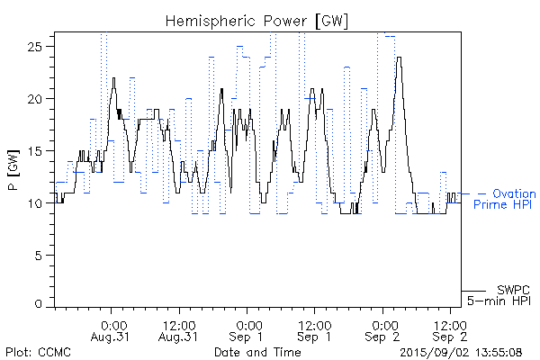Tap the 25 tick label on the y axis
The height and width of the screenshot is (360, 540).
pyautogui.click(x=40, y=46)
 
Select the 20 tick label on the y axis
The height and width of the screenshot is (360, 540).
pyautogui.click(x=40, y=98)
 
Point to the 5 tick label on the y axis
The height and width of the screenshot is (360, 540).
pyautogui.click(x=43, y=256)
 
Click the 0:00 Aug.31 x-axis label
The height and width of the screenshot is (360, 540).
pyautogui.click(x=112, y=329)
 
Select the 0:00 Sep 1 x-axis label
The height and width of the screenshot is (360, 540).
pyautogui.click(x=247, y=329)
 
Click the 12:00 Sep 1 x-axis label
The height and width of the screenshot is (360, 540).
pyautogui.click(x=314, y=329)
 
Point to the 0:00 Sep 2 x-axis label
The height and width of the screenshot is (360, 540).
pyautogui.click(x=382, y=329)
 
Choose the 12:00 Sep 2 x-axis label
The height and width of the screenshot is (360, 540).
pyautogui.click(x=450, y=329)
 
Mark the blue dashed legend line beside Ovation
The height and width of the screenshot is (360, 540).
pyautogui.click(x=472, y=193)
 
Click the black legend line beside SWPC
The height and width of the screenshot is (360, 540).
pyautogui.click(x=473, y=290)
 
